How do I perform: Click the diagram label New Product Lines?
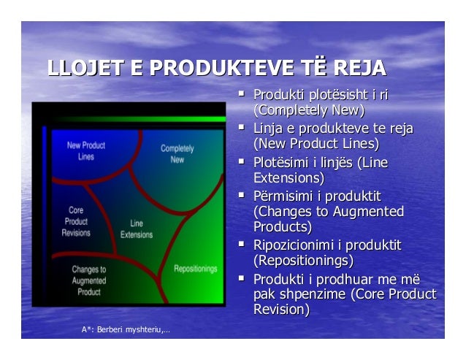pos(86,150)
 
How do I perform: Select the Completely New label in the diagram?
pos(177,154)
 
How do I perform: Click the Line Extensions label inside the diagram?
pos(137,229)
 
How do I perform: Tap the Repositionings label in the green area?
pos(196,269)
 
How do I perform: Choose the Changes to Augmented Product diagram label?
pos(89,280)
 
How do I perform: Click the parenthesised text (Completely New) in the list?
pos(308,110)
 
